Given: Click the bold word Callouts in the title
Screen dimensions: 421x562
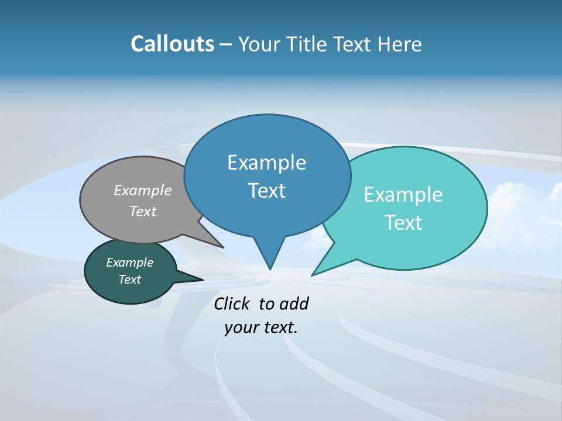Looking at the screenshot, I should (x=172, y=44).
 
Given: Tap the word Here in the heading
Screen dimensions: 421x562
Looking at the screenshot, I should (x=399, y=44).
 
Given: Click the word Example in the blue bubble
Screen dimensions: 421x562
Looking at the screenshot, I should (x=266, y=163).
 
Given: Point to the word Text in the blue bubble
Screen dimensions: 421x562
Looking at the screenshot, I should (x=266, y=191).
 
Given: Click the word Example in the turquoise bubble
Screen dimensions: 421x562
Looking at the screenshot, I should (x=403, y=195).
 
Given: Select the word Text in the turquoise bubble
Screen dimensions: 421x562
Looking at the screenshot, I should (x=403, y=223).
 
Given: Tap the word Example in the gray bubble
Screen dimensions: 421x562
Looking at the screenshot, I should (x=143, y=191).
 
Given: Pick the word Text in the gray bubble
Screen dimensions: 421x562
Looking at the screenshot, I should (x=143, y=211).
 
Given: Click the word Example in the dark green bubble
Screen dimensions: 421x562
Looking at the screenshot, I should (x=129, y=263).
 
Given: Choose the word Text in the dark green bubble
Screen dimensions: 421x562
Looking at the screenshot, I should (x=129, y=279).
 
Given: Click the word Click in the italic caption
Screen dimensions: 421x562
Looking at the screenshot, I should (x=231, y=303).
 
